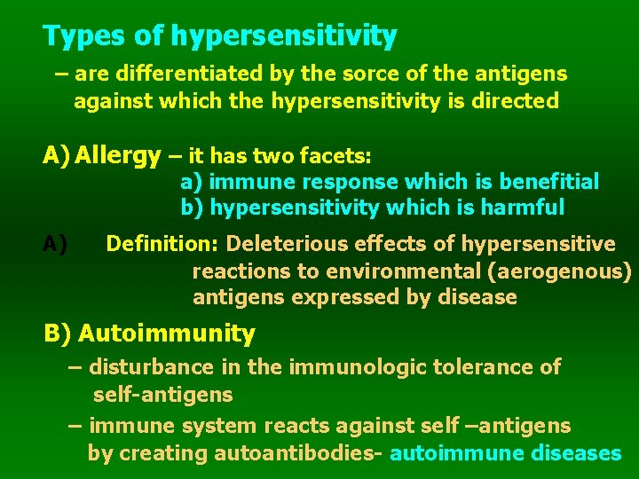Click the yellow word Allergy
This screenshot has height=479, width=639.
[118, 156]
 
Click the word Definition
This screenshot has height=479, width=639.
[162, 244]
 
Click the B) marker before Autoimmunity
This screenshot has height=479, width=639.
[58, 334]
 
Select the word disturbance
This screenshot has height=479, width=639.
[151, 366]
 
